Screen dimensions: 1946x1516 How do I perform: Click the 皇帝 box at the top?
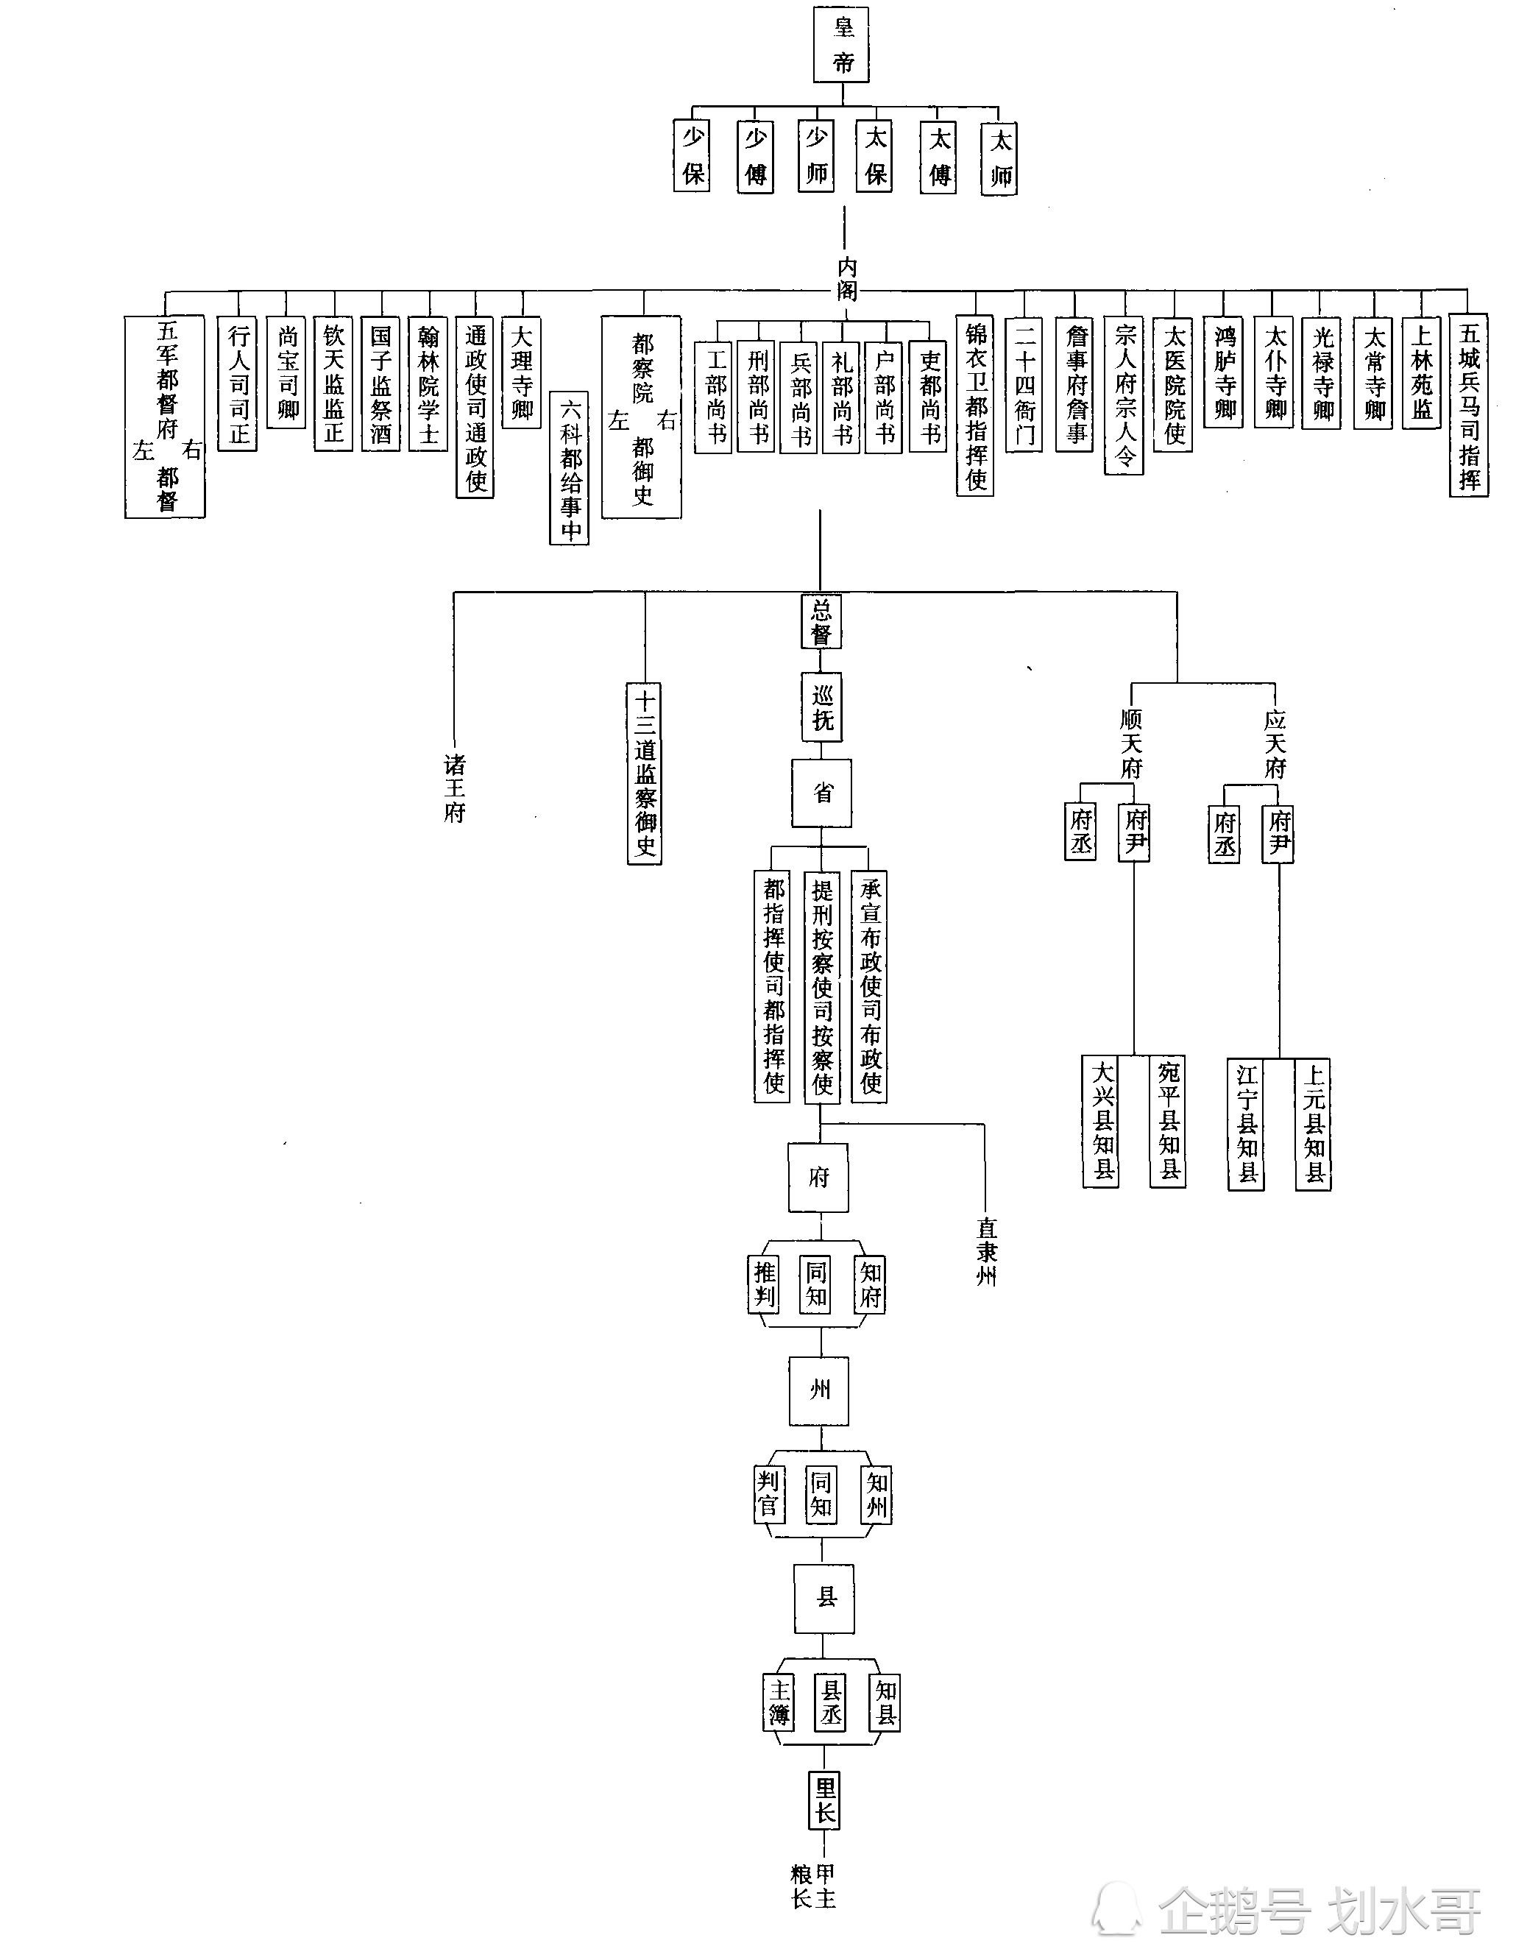pos(842,46)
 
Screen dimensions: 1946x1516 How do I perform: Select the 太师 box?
pos(999,158)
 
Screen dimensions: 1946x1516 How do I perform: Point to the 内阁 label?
pos(846,279)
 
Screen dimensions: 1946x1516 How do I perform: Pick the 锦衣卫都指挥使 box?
pos(975,406)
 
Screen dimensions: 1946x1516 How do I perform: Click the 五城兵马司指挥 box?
pos(1469,406)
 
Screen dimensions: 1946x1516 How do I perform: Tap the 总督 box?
pos(821,622)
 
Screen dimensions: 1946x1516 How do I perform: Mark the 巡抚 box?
pos(821,707)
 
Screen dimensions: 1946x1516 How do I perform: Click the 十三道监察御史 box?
pos(644,774)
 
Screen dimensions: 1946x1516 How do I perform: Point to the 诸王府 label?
pos(454,788)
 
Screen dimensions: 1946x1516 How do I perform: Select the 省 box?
pos(821,792)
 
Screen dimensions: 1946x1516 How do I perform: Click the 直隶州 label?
pos(985,1252)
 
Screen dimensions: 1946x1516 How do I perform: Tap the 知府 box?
pos(869,1284)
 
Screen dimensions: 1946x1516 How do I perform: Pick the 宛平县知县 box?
pos(1168,1121)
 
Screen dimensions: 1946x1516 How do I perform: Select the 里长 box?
pos(825,1801)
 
